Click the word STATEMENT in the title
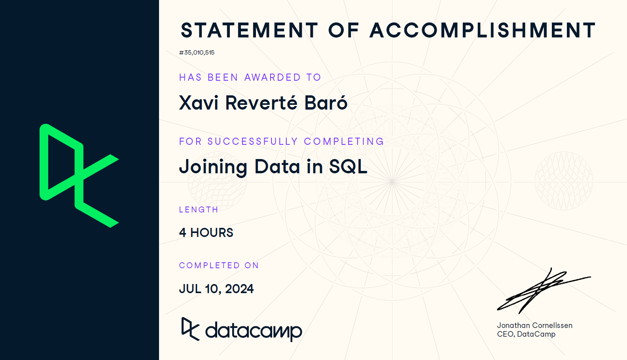coord(249,30)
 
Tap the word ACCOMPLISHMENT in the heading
coord(483,30)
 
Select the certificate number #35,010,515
coord(197,53)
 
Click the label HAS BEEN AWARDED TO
coord(250,77)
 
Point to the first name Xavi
coord(199,103)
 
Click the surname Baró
coord(326,102)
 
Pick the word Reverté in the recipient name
coord(261,102)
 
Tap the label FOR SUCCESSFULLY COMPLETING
coord(281,141)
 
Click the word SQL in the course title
coord(348,167)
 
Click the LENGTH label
coord(199,210)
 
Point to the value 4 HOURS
coord(206,233)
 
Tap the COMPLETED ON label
coord(219,265)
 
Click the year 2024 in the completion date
coord(239,289)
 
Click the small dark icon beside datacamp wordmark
coord(190,329)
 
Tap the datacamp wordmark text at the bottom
coord(254,332)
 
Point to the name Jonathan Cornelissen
coord(534,325)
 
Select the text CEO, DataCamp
coord(526,334)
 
